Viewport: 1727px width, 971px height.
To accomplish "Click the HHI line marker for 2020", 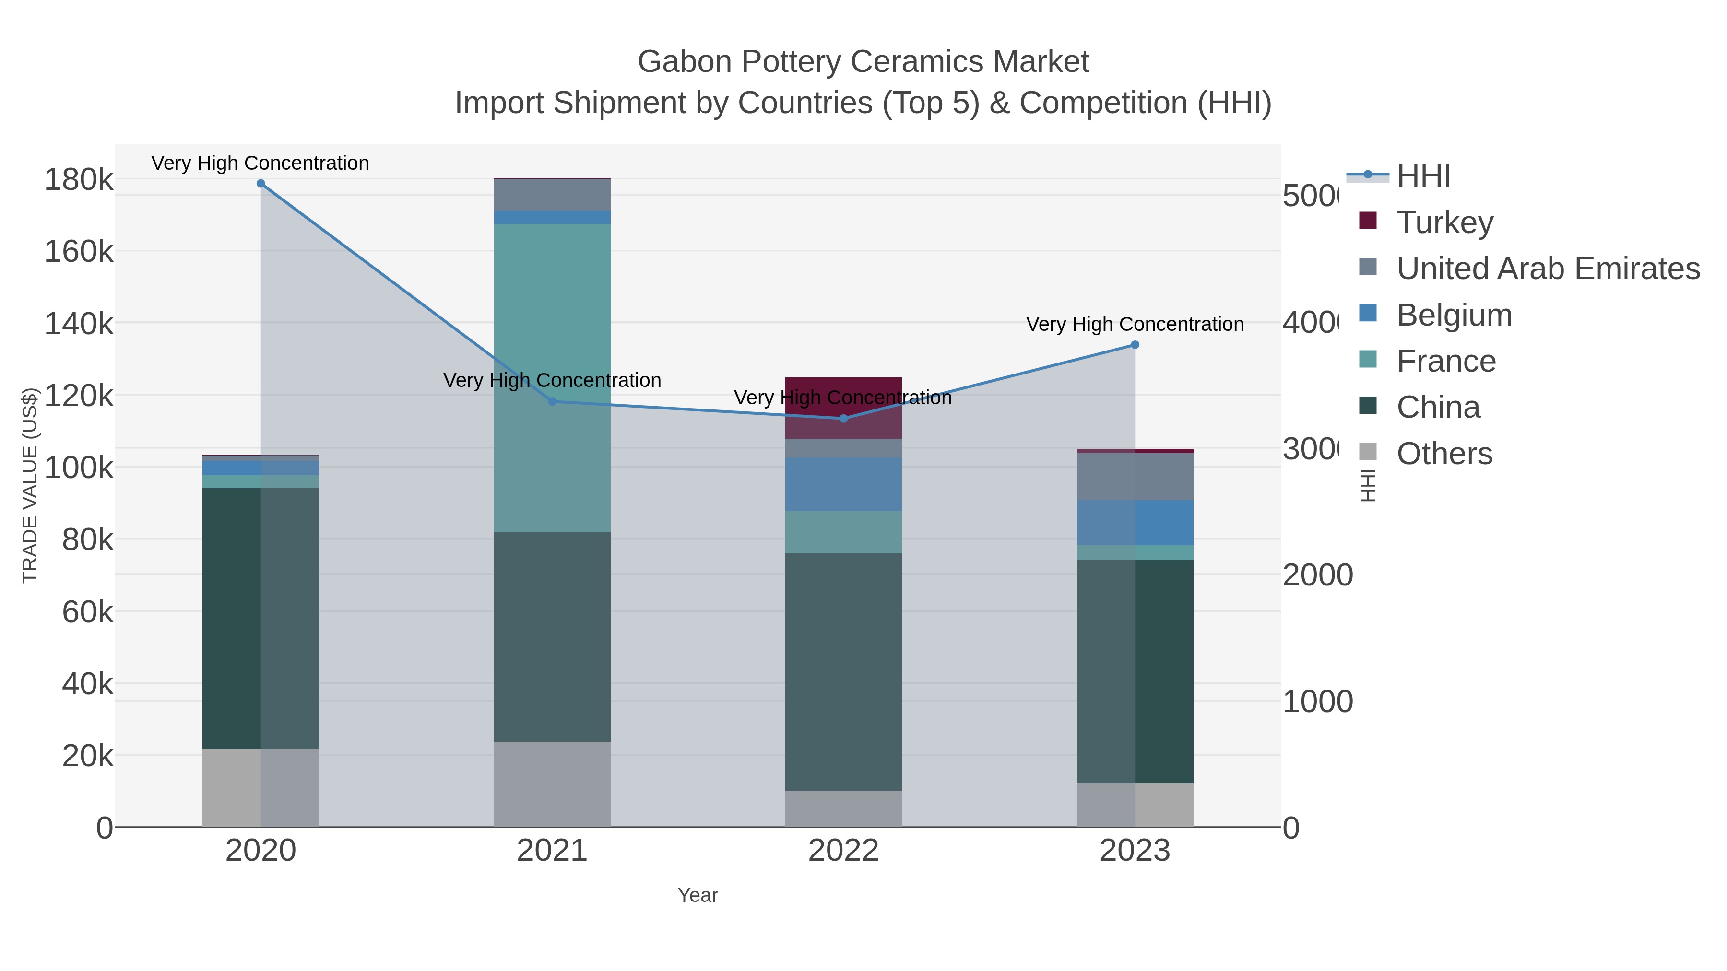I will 261,184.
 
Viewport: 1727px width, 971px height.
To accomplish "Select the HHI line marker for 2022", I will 843,418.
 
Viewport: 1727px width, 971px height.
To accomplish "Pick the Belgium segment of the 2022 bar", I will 843,484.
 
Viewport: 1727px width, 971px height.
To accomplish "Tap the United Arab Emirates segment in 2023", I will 1135,477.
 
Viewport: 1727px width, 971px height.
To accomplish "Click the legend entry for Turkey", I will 1445,222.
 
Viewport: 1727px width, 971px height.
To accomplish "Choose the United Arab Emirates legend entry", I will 1547,268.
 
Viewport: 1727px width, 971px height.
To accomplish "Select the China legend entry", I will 1438,407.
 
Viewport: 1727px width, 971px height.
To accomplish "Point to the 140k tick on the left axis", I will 79,324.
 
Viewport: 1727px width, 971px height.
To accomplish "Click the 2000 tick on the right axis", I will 1317,575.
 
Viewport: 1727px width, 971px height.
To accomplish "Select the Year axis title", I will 697,895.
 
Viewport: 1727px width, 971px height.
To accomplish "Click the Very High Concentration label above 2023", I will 1135,324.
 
